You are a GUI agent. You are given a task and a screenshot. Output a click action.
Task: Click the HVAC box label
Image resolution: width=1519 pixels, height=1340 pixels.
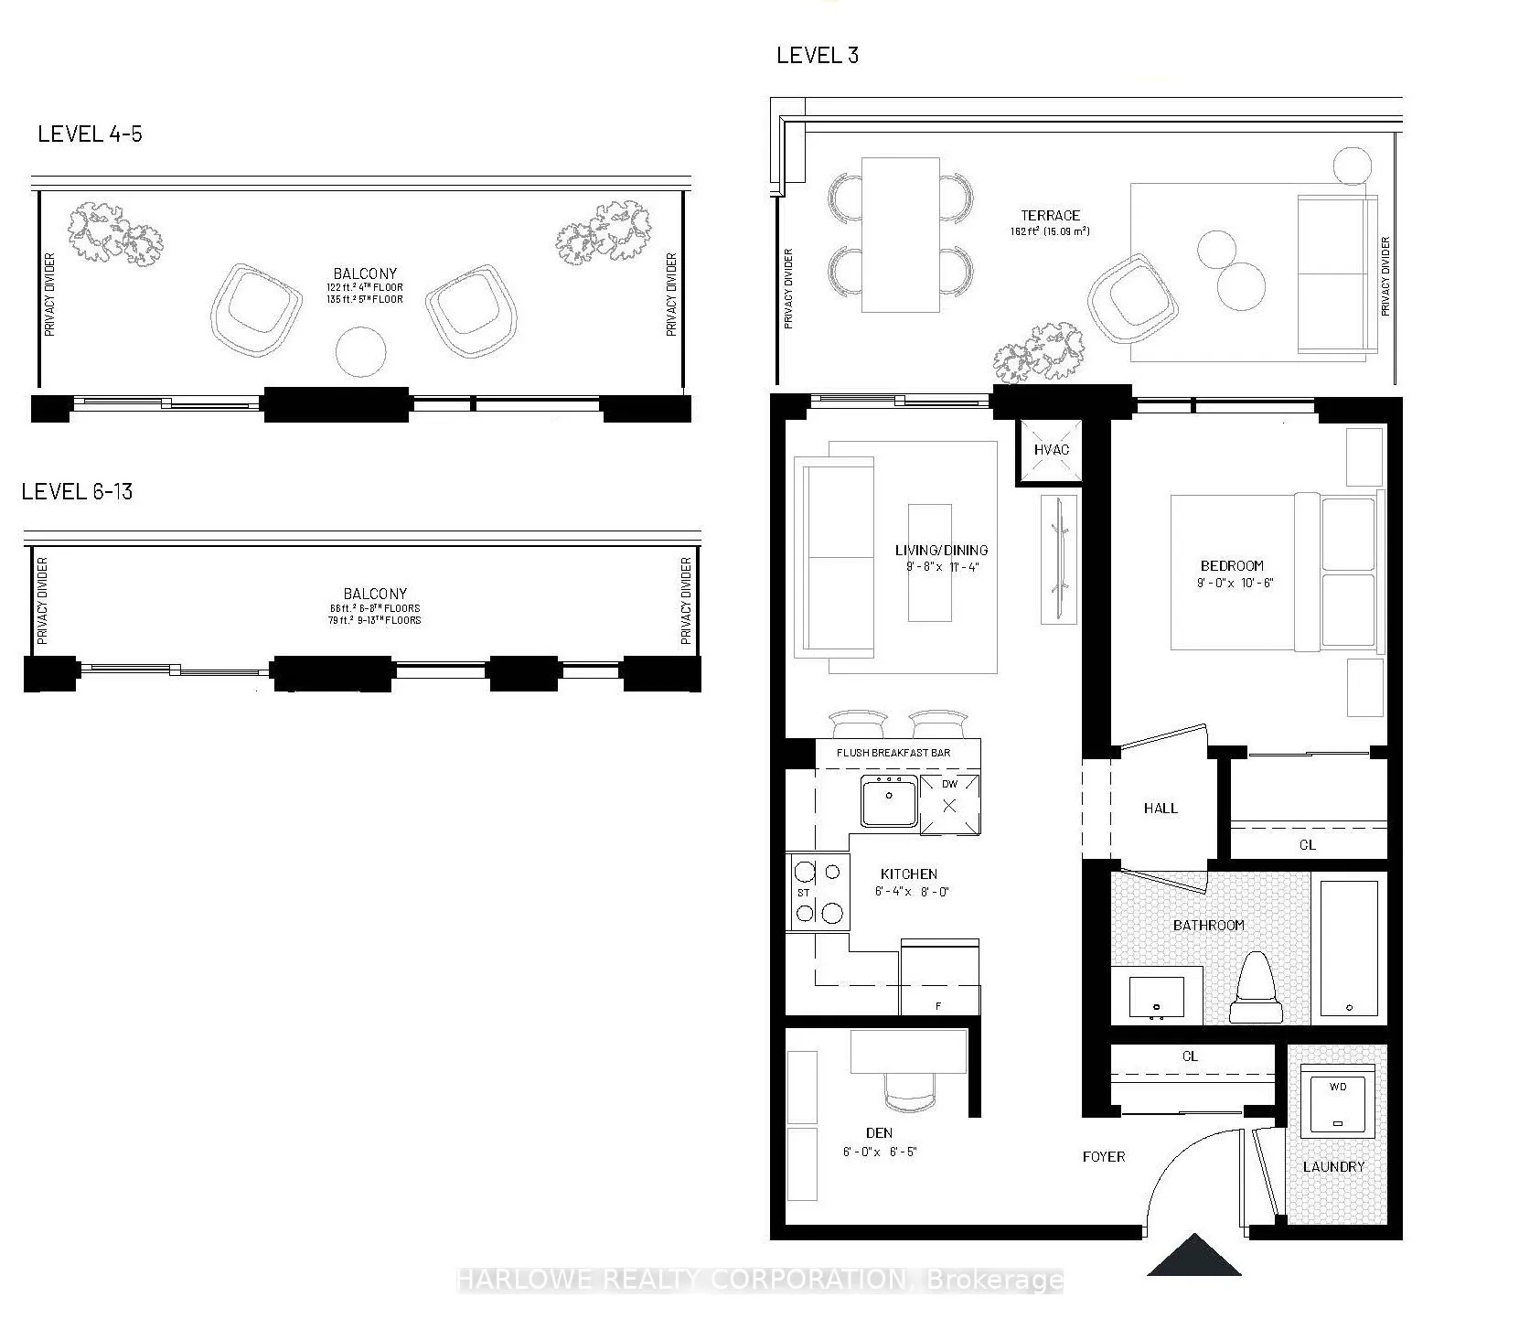1051,449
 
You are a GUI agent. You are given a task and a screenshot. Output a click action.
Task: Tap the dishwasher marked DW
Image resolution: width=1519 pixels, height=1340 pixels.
949,804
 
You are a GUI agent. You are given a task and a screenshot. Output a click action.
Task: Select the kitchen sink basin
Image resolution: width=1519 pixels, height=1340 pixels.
888,801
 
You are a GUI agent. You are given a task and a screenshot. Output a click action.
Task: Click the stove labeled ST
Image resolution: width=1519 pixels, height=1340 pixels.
818,892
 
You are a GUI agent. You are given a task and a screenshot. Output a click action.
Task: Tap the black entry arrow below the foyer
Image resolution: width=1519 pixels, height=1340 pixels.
1193,1258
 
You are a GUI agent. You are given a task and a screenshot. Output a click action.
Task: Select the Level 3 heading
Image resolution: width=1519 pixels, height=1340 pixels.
817,55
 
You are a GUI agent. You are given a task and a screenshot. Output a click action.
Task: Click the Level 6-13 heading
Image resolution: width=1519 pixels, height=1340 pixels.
77,491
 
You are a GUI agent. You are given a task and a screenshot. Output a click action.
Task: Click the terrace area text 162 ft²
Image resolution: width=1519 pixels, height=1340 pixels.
1050,231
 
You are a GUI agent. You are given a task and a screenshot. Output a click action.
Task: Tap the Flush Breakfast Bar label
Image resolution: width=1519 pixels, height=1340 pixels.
893,753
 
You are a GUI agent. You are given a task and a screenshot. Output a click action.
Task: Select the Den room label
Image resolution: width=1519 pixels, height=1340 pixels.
878,1132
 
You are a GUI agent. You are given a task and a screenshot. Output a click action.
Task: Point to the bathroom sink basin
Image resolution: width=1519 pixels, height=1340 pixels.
1156,999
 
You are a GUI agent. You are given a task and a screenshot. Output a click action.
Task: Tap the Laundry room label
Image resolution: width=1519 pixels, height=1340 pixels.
1333,1166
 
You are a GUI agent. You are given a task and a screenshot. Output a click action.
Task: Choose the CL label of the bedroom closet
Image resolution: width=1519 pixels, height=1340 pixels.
1307,844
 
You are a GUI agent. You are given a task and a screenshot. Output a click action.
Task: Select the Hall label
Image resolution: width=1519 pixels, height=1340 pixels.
1160,808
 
